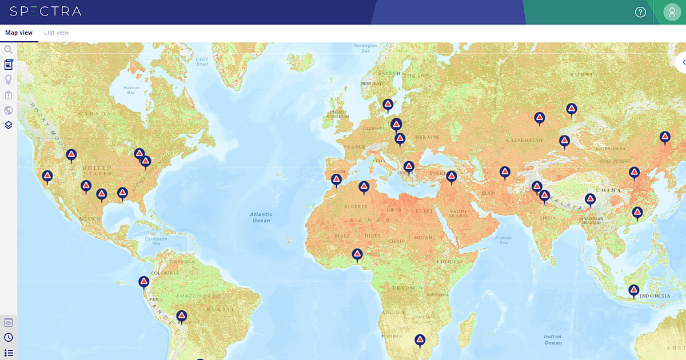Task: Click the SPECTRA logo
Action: (46, 11)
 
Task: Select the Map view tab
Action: (19, 33)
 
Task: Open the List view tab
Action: (57, 33)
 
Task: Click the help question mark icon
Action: (640, 12)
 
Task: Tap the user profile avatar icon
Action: (672, 12)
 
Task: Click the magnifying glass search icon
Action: (9, 50)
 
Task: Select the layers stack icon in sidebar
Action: (9, 125)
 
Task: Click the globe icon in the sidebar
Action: (9, 110)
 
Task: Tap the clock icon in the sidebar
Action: (9, 338)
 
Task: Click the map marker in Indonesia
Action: (634, 290)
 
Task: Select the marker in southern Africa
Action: (420, 340)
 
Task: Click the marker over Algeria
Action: (364, 187)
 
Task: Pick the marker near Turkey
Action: (452, 177)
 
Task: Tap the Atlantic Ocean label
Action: (261, 217)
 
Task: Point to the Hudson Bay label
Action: (131, 90)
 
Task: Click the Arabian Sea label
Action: (503, 239)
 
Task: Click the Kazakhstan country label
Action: (524, 140)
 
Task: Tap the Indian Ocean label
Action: (553, 339)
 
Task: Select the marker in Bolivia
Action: (182, 316)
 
